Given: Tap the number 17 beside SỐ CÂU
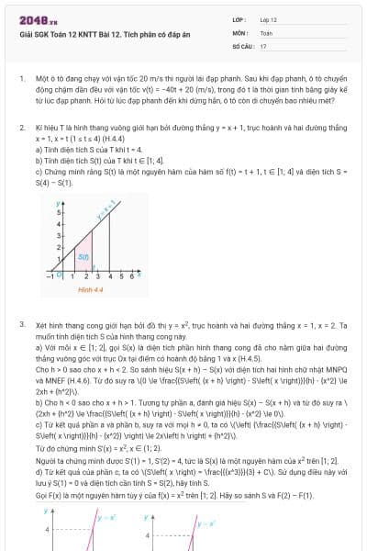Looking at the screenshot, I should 263,44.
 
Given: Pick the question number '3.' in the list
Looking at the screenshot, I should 21,325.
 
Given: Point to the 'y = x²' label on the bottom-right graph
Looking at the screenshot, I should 203,521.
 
